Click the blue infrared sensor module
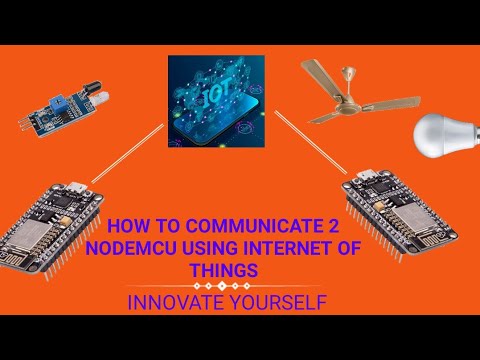60,110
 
